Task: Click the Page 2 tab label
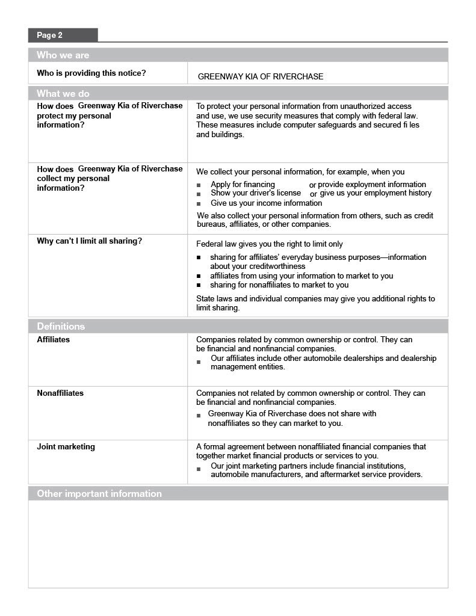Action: point(50,35)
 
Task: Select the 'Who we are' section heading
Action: point(63,55)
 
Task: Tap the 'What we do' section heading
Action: point(63,94)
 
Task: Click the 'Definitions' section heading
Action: point(61,327)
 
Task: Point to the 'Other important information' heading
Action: point(99,494)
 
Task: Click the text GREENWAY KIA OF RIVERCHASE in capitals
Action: point(261,76)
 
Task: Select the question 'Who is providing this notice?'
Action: point(91,73)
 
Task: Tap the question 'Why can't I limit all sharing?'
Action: point(90,241)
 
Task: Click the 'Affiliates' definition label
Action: point(54,340)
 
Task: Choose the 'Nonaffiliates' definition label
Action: point(60,393)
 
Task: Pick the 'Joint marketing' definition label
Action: point(66,447)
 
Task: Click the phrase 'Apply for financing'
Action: point(243,185)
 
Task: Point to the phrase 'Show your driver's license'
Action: point(256,193)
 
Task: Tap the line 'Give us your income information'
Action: point(266,203)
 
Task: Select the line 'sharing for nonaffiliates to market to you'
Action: point(279,285)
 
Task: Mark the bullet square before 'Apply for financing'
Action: point(199,186)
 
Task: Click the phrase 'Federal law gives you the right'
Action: point(253,244)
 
